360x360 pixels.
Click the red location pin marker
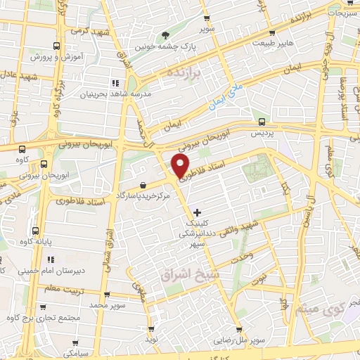click(x=180, y=167)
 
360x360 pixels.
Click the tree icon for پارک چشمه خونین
click(x=166, y=34)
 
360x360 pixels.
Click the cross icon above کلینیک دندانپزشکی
click(x=197, y=212)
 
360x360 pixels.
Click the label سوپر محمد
click(x=107, y=306)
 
